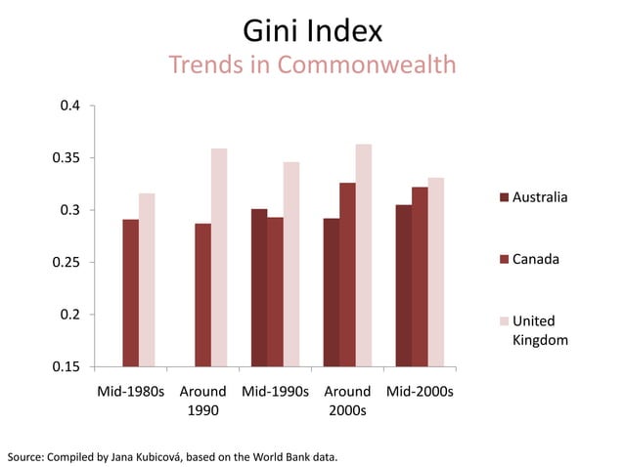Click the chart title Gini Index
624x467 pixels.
click(312, 31)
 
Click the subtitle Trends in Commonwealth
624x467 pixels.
click(312, 65)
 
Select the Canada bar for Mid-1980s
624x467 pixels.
click(130, 293)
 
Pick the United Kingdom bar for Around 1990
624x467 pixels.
click(219, 258)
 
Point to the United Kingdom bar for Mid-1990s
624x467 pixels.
click(291, 265)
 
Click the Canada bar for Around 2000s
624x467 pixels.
click(347, 275)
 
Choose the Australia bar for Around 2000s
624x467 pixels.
click(332, 292)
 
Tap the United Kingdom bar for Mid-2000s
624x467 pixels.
click(435, 273)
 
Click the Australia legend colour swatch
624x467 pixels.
click(505, 197)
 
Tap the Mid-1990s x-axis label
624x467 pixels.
click(275, 392)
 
